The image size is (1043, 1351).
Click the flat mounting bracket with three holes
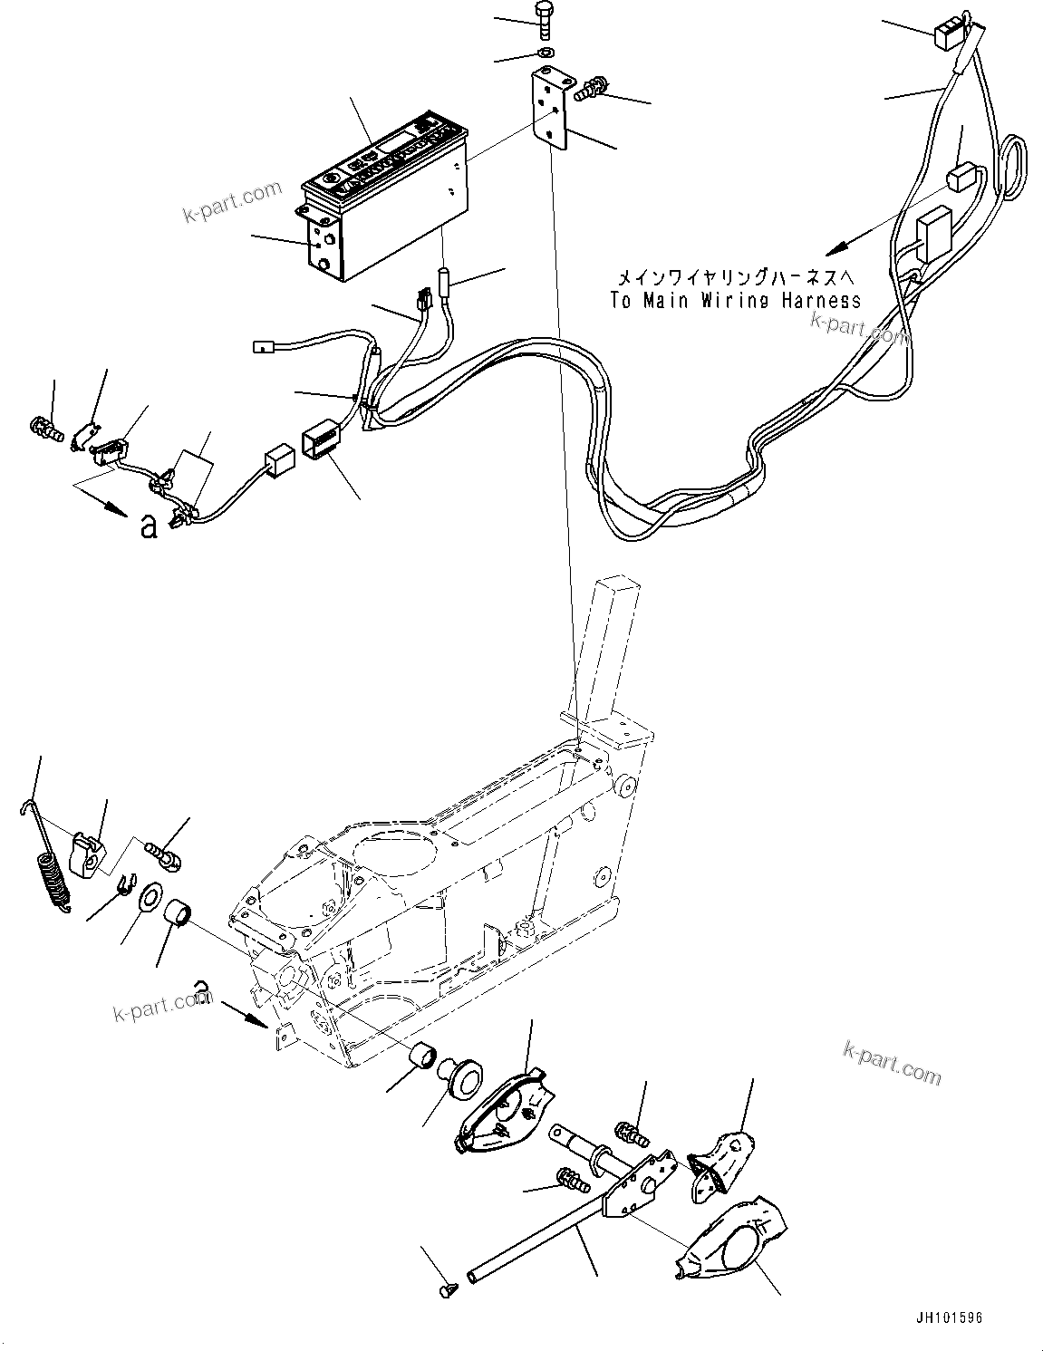pyautogui.click(x=551, y=108)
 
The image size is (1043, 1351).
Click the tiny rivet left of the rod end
pyautogui.click(x=446, y=1284)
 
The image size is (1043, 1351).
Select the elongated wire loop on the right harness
pyautogui.click(x=1015, y=168)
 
